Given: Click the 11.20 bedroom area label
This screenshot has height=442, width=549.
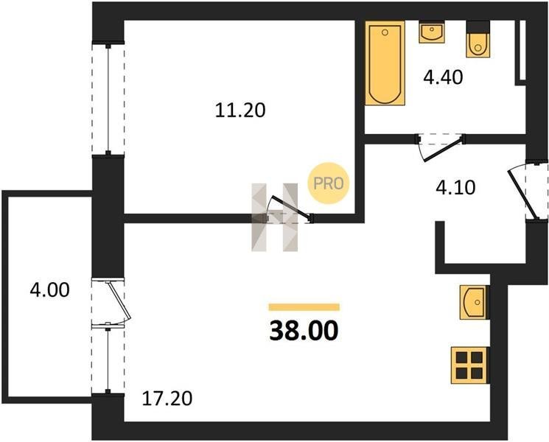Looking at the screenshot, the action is (240, 110).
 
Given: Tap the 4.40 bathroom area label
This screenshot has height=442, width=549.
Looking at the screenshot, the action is (443, 77).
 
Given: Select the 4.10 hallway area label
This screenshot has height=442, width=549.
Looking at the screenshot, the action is (455, 188).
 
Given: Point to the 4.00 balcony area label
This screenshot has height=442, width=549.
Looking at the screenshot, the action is (49, 290).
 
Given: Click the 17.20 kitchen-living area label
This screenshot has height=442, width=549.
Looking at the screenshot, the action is (167, 399).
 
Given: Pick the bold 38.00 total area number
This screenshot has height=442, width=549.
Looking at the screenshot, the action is (304, 331).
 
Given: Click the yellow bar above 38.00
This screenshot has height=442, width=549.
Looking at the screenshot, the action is (304, 307).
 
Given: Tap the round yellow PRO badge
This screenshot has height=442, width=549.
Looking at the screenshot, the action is (329, 183).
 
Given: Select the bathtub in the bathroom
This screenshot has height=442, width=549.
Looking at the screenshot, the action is (385, 63).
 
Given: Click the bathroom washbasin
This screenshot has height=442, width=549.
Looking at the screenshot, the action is (432, 32).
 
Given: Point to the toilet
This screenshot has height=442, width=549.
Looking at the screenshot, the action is (478, 39).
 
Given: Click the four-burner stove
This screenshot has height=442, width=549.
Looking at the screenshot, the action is (469, 365).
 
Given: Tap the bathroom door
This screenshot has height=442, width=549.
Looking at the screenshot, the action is (440, 147).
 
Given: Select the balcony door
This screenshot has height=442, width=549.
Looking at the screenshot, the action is (111, 301).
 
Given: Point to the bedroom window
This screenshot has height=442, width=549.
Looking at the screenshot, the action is (108, 99).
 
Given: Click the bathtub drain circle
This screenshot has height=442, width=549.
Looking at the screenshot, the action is (385, 32).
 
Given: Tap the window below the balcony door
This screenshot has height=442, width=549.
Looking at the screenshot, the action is (108, 360).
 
